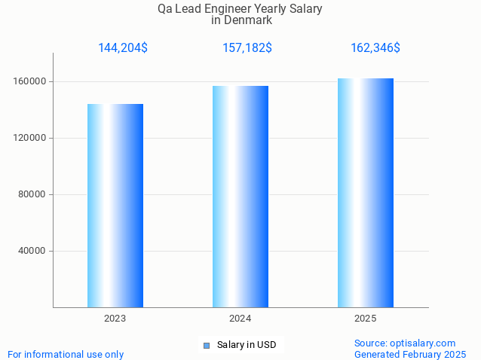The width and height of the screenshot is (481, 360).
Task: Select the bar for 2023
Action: click(115, 206)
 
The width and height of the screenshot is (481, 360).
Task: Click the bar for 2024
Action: click(240, 197)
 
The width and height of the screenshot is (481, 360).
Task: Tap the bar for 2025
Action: click(366, 193)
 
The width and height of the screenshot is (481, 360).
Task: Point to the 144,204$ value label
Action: click(123, 48)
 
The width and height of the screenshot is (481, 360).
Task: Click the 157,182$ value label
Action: click(247, 48)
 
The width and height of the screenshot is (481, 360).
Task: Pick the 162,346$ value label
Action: click(375, 48)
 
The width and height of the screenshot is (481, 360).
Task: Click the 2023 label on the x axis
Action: click(115, 319)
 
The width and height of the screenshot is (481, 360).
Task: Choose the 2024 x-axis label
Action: click(240, 319)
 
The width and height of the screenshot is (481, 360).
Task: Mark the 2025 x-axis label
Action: click(366, 319)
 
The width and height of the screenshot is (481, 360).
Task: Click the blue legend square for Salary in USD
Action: click(207, 346)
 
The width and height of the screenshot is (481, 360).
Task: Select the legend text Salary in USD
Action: click(247, 345)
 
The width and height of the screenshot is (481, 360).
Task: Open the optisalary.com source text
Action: click(405, 343)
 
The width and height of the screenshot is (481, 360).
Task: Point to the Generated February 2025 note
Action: click(410, 354)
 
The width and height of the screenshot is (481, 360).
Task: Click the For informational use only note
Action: click(66, 354)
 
